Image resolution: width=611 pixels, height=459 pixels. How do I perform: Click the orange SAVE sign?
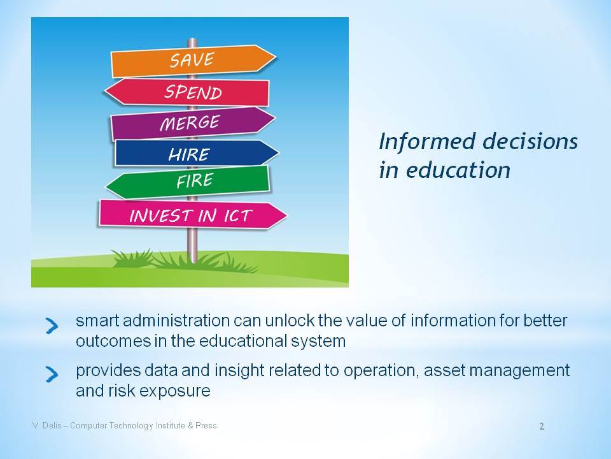coord(193,61)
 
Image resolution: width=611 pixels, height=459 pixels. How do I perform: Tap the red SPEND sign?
coord(188,92)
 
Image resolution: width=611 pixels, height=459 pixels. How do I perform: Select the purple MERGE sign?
coord(193,123)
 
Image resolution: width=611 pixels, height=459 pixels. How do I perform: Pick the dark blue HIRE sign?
coord(197,154)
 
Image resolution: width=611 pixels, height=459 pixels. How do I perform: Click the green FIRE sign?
coord(188,182)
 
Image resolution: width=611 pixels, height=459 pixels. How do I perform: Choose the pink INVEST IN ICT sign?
coord(193,214)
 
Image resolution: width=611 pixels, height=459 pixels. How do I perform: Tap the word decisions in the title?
coord(526,142)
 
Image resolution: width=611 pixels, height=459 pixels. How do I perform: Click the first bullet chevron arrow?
coord(52,326)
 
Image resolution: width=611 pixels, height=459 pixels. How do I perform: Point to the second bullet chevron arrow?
coord(52,374)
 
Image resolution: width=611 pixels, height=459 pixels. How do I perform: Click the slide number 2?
coord(542,426)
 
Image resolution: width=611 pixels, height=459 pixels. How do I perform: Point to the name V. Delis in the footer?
coord(46,425)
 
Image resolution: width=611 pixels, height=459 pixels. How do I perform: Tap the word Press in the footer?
coord(206,425)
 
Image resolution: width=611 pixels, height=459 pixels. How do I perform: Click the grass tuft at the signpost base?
coord(183,261)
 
